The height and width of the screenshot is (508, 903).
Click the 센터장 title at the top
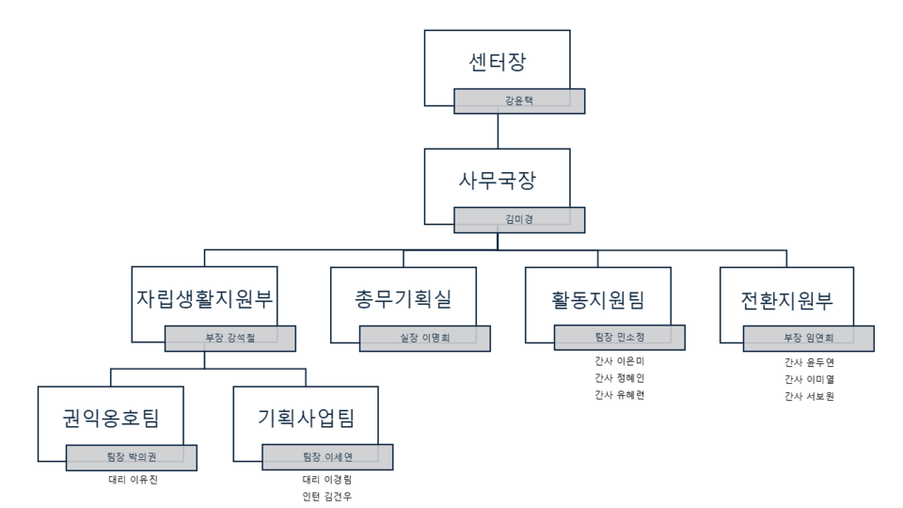(497, 64)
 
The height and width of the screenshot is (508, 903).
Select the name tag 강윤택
(519, 101)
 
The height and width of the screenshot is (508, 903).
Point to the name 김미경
(519, 219)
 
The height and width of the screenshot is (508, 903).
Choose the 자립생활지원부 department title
(204, 300)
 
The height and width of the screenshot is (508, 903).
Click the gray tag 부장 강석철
(230, 338)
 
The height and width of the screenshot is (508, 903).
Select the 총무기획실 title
(404, 300)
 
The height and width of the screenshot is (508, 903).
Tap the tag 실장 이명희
(424, 338)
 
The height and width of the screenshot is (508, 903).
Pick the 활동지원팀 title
(598, 300)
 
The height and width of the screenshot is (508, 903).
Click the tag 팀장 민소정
(619, 338)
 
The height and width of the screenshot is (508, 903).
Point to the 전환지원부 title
(786, 300)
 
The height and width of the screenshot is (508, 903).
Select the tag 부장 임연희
(809, 338)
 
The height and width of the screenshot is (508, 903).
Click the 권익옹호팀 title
(111, 418)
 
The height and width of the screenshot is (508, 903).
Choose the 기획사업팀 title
(307, 418)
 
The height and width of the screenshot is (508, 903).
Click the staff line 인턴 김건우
(327, 497)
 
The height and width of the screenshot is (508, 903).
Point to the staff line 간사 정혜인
(619, 378)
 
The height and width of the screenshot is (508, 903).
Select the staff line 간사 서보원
(809, 396)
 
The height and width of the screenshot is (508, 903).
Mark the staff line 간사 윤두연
(809, 361)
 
